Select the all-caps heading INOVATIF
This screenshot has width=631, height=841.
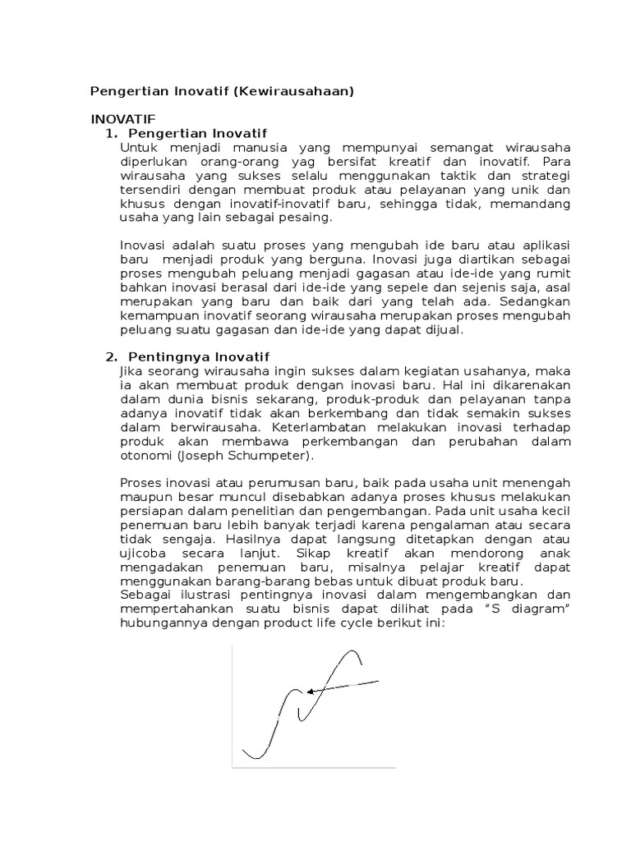coord(123,118)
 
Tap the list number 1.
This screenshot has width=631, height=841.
coord(111,133)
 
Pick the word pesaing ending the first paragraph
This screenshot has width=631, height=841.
coord(308,217)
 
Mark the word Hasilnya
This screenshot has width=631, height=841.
coord(250,540)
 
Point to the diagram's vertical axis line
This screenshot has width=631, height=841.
coord(233,706)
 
